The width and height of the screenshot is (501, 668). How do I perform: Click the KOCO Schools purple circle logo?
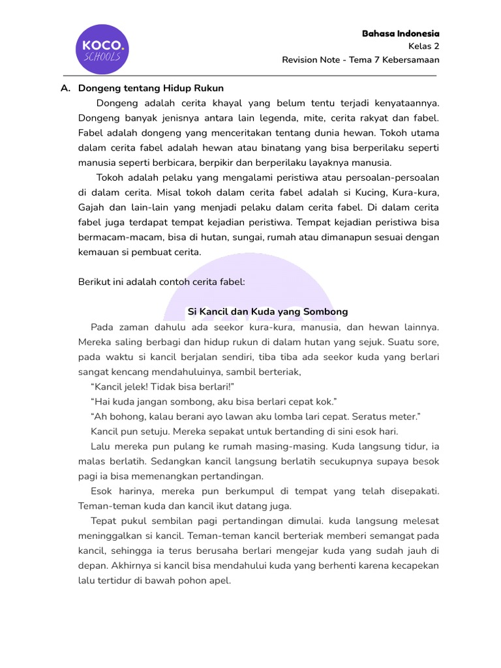click(101, 49)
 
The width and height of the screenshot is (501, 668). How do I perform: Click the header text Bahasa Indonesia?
click(401, 33)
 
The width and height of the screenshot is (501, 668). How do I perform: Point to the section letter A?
click(65, 88)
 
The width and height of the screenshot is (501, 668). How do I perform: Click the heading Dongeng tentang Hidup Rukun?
click(151, 88)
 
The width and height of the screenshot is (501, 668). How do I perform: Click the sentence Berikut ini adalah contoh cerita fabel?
click(160, 282)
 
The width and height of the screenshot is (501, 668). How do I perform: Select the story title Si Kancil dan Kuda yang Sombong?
click(267, 312)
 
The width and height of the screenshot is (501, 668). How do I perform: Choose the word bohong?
click(124, 416)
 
